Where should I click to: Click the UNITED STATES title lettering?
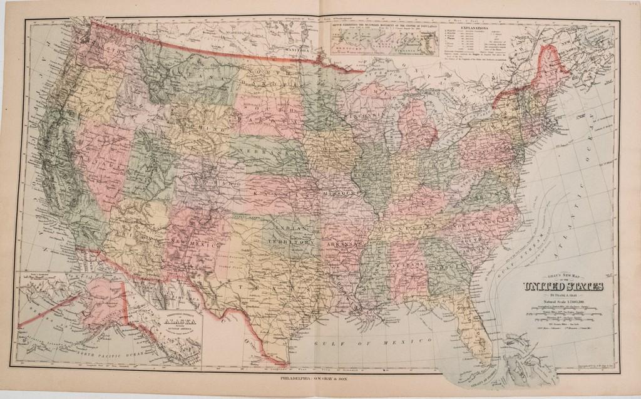tap(563, 288)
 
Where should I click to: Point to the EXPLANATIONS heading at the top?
tap(479, 28)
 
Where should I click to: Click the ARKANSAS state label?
tap(342, 243)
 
